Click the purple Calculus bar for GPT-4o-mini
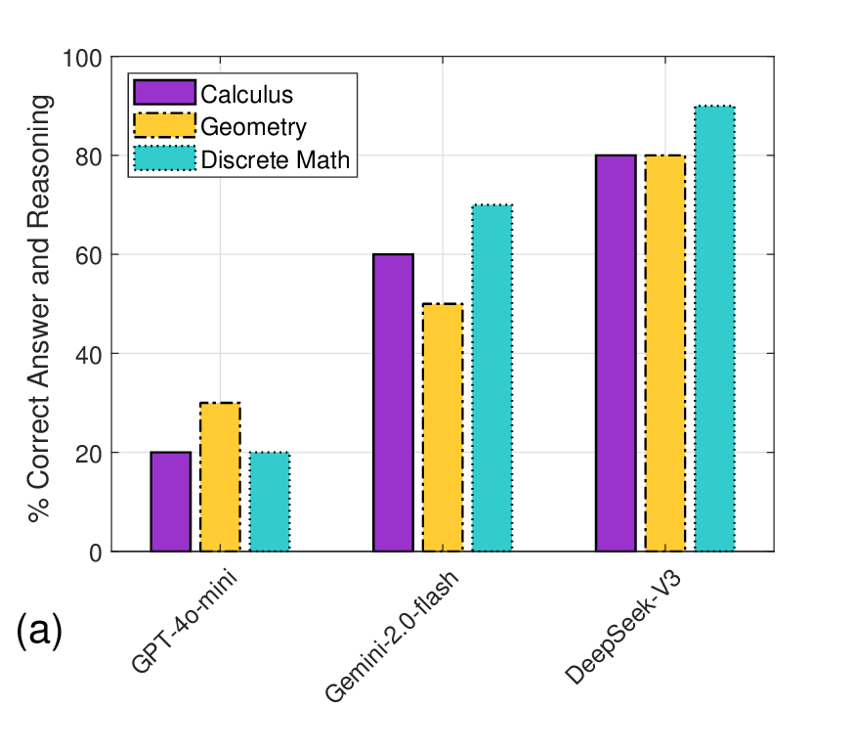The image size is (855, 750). click(171, 502)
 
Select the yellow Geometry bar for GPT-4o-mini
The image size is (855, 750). click(220, 477)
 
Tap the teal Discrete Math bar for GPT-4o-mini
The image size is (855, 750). click(270, 502)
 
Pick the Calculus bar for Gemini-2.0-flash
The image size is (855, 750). click(393, 403)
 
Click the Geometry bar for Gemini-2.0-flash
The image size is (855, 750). click(443, 427)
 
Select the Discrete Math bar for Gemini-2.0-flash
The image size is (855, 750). click(492, 378)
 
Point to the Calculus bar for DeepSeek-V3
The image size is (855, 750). click(616, 353)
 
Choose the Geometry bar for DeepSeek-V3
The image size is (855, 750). click(664, 353)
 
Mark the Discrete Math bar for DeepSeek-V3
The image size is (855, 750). click(714, 329)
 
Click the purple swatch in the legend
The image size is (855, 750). click(164, 93)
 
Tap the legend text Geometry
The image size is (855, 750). click(253, 127)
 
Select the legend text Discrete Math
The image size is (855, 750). click(275, 159)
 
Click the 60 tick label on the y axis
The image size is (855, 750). click(88, 255)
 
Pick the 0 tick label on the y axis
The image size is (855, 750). click(95, 552)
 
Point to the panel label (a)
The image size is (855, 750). click(39, 633)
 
